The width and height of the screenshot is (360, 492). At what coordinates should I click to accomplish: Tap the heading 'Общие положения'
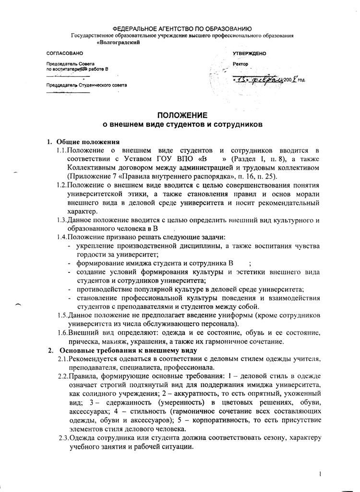pyautogui.click(x=88, y=142)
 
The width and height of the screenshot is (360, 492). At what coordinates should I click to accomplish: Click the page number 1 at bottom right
pyautogui.click(x=320, y=475)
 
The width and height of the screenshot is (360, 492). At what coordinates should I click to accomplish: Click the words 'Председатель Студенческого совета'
pyautogui.click(x=86, y=85)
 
